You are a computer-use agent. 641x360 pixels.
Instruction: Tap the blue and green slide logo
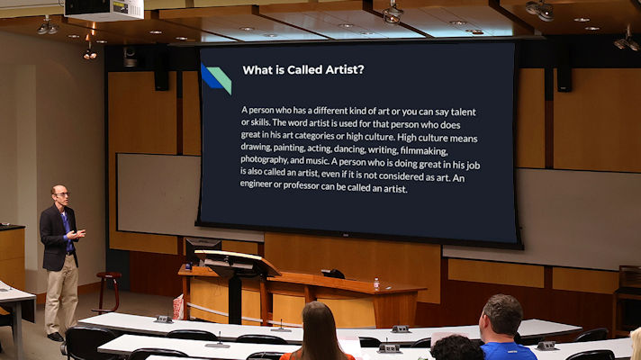pyautogui.click(x=216, y=78)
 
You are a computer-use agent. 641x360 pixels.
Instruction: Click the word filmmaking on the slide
pyautogui.click(x=424, y=151)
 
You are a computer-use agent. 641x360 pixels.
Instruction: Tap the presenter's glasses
pyautogui.click(x=62, y=194)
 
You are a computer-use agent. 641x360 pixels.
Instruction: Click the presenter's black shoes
pyautogui.click(x=56, y=337)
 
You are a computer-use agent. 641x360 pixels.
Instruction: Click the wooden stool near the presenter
pyautogui.click(x=107, y=292)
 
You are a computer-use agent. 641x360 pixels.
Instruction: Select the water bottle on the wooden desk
pyautogui.click(x=376, y=283)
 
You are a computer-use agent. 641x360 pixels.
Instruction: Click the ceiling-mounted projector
pyautogui.click(x=104, y=9)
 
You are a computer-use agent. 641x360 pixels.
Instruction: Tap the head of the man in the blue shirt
pyautogui.click(x=502, y=316)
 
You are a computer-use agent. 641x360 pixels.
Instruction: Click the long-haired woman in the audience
pyautogui.click(x=319, y=333)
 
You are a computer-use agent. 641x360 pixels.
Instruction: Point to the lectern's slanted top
pyautogui.click(x=237, y=263)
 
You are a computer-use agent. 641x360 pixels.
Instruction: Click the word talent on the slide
pyautogui.click(x=463, y=112)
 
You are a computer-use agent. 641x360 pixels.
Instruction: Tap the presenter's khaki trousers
pyautogui.click(x=61, y=293)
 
